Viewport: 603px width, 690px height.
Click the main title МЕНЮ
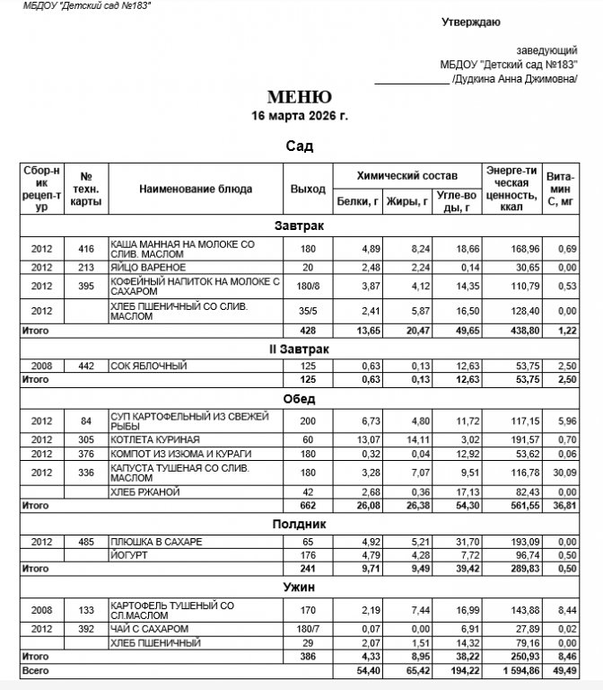click(300, 97)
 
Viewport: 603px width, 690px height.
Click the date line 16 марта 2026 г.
click(300, 116)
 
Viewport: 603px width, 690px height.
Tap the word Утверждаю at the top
click(471, 22)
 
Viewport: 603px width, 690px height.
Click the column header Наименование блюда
click(196, 190)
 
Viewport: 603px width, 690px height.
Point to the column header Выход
click(308, 190)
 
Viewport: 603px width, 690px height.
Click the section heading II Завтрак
click(300, 348)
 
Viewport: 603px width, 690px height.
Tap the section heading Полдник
click(300, 523)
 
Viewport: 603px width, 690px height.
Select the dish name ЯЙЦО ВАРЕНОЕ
click(148, 268)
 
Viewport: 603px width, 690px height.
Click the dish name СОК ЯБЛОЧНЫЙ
click(148, 366)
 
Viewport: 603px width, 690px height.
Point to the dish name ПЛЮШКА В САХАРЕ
click(156, 543)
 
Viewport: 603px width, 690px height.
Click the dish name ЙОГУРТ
click(127, 555)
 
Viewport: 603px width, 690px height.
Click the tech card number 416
click(86, 248)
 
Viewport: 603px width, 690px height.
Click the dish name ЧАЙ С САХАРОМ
click(151, 628)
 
